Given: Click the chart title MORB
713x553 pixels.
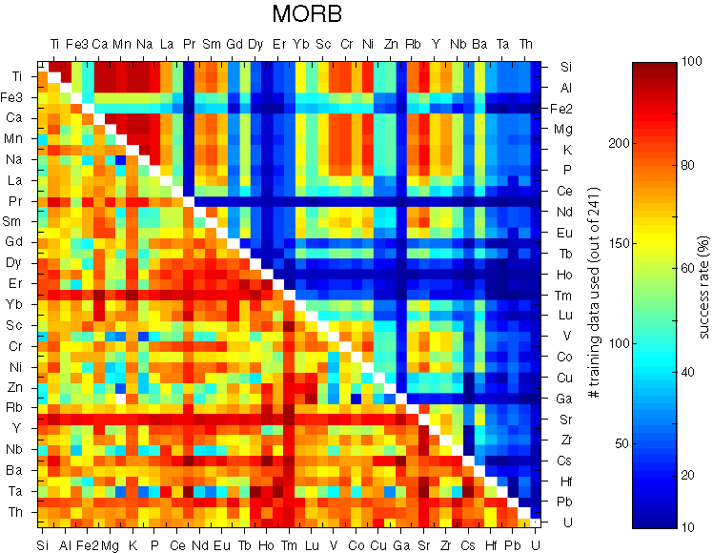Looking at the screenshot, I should point(307,15).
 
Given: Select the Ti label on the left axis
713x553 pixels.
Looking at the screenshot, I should point(18,76).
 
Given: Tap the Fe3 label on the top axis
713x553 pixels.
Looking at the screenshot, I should point(77,44).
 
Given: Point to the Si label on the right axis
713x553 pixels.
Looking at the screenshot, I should point(565,67).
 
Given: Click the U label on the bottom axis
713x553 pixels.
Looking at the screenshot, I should point(536,544).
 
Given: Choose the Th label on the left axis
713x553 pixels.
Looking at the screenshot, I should point(18,512).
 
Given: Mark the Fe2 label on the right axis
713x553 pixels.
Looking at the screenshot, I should point(569,109).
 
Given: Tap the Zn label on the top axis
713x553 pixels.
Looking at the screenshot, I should point(391,44).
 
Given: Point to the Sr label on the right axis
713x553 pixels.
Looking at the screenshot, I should point(565,419).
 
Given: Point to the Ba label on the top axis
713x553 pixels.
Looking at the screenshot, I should point(479,44).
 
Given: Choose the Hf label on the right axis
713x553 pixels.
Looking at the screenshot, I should point(565,481).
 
